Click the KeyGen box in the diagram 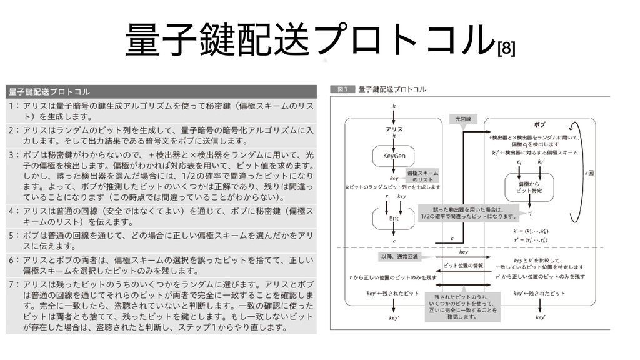pos(394,154)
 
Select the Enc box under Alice pos(394,219)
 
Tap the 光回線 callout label pos(463,118)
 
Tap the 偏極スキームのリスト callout pos(422,176)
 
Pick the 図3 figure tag pos(343,89)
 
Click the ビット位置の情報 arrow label pos(463,266)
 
